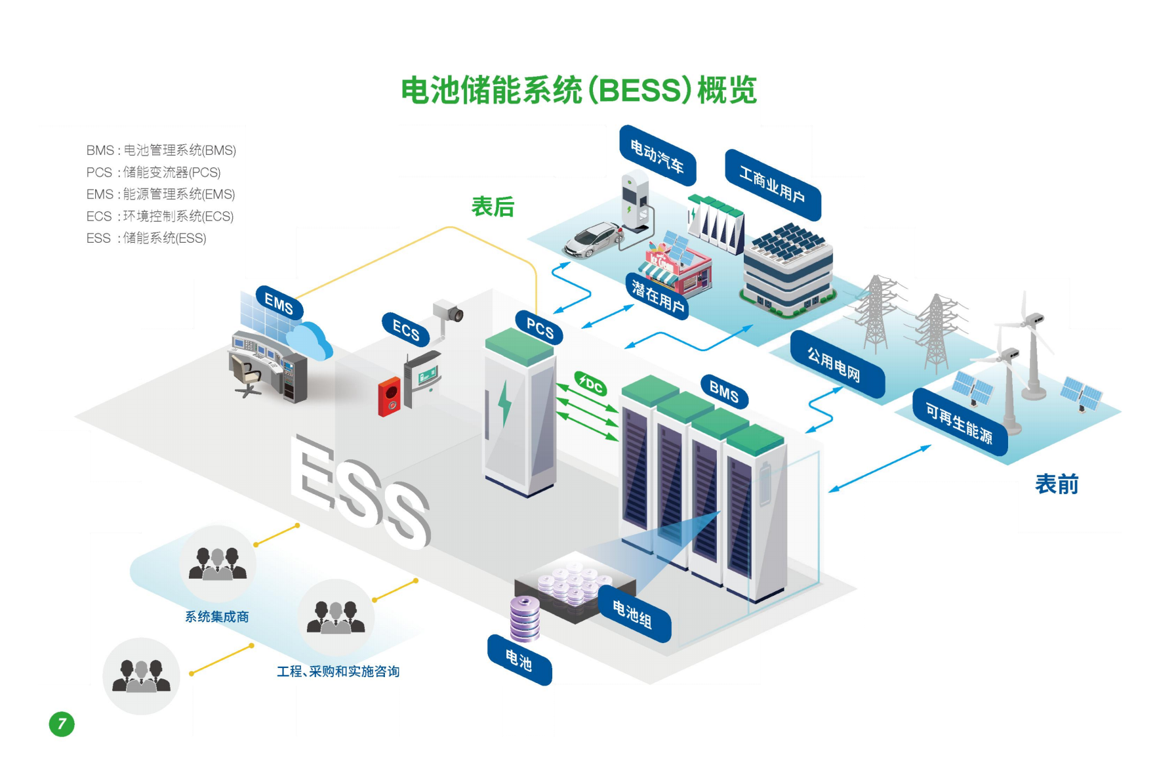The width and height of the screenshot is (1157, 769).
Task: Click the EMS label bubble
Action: (279, 303)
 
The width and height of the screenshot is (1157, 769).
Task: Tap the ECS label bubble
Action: (406, 329)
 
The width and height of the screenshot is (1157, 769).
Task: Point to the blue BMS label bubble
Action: (724, 392)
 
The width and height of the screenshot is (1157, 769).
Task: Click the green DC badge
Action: (590, 384)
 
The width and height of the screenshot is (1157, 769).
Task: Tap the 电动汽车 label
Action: (657, 156)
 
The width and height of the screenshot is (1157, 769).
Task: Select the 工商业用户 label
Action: (772, 184)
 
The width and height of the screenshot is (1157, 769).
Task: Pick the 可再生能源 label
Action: (959, 423)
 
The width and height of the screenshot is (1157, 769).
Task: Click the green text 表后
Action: (493, 207)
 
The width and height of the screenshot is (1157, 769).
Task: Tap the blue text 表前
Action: (1056, 484)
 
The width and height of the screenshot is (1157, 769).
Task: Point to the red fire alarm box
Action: (389, 396)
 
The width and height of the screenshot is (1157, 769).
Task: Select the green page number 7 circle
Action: (62, 724)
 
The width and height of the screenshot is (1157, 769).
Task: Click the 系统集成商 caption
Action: (216, 617)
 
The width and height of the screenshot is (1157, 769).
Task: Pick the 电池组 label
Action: (632, 614)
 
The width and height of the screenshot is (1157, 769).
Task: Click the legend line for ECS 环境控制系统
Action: (160, 217)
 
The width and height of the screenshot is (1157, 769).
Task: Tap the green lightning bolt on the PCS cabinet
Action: (504, 403)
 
